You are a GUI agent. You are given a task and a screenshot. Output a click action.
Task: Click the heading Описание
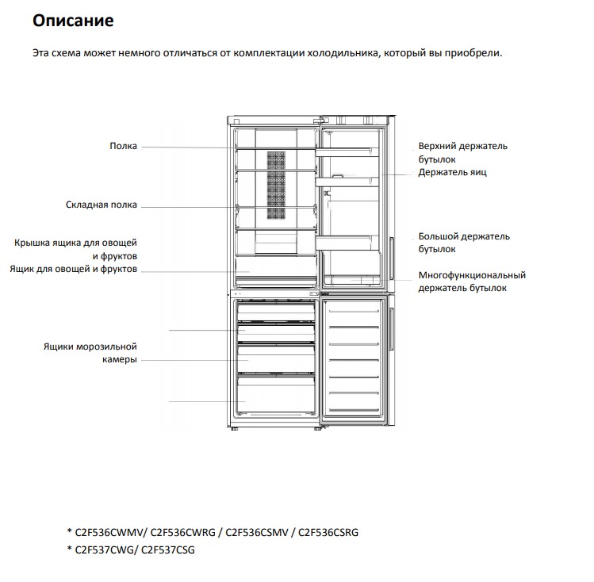[73, 21]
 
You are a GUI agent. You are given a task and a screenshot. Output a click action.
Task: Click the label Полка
[123, 146]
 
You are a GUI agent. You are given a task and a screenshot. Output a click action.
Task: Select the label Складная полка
[101, 205]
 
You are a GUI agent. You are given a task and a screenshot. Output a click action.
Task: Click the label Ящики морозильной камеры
[90, 353]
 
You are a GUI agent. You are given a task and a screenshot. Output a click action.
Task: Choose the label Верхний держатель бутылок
[462, 152]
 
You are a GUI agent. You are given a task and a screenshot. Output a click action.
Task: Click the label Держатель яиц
[452, 172]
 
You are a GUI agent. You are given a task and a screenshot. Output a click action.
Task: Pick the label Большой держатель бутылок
[464, 243]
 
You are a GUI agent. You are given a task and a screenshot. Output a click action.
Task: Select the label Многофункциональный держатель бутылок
[472, 281]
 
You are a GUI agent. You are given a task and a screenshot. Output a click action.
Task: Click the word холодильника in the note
[336, 54]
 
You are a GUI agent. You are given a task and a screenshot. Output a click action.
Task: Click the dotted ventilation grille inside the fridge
[275, 185]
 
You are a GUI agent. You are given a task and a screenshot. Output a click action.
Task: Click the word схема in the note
[69, 54]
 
